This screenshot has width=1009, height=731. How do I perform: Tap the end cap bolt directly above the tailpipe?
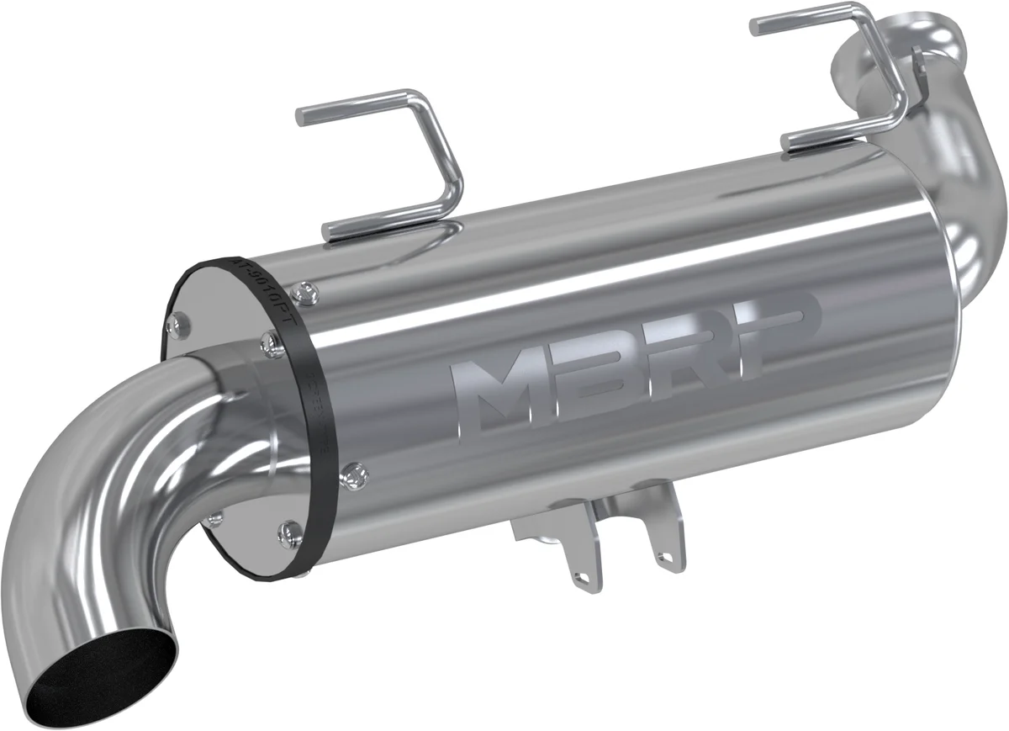point(268,339)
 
